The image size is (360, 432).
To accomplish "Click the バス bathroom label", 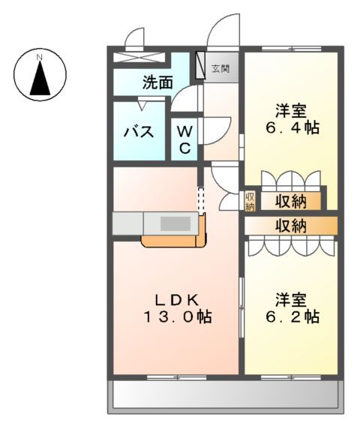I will pyautogui.click(x=139, y=133).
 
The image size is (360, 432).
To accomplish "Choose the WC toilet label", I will pyautogui.click(x=184, y=139).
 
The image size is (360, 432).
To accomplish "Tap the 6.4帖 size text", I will pyautogui.click(x=292, y=127).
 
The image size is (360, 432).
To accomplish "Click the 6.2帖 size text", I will pyautogui.click(x=292, y=316).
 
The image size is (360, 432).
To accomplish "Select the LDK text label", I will pyautogui.click(x=175, y=298).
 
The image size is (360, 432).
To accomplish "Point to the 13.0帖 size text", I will pyautogui.click(x=175, y=316).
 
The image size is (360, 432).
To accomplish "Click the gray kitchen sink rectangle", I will pyautogui.click(x=175, y=223).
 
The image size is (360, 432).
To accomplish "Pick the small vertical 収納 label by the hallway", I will pyautogui.click(x=250, y=201).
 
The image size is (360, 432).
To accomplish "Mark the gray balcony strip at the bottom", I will pyautogui.click(x=225, y=395).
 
